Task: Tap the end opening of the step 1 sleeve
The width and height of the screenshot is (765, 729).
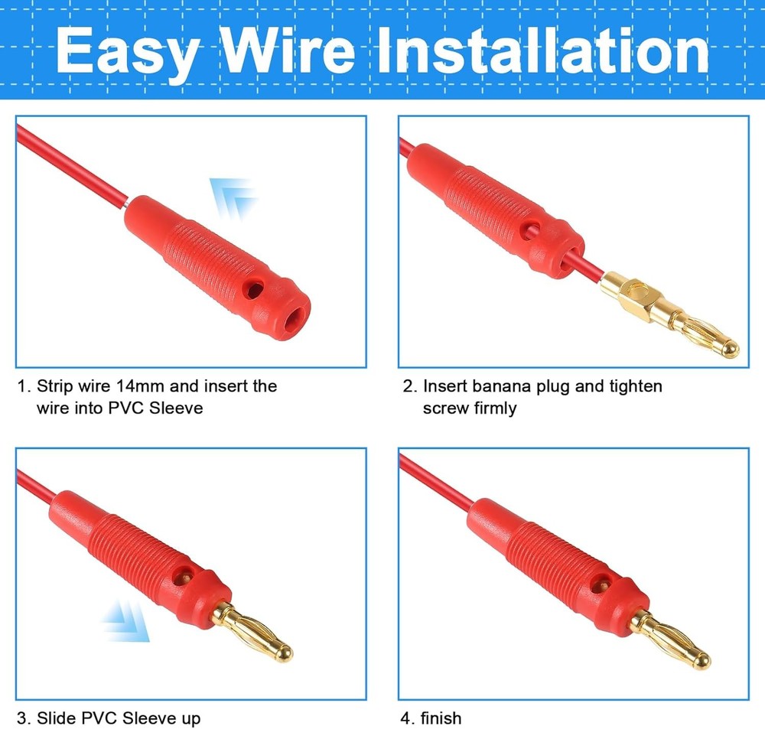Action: (294, 321)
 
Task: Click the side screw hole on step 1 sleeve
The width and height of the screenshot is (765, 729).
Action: (253, 289)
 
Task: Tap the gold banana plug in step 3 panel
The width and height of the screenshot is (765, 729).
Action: (253, 632)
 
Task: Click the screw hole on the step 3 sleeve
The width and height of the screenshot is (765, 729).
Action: (184, 577)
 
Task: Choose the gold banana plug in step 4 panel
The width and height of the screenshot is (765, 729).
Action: (669, 640)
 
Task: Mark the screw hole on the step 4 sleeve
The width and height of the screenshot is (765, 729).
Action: (600, 583)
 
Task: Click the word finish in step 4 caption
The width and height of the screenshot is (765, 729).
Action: (441, 718)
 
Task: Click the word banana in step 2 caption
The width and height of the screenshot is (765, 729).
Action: (502, 386)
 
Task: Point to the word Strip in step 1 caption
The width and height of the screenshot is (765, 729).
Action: (55, 386)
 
